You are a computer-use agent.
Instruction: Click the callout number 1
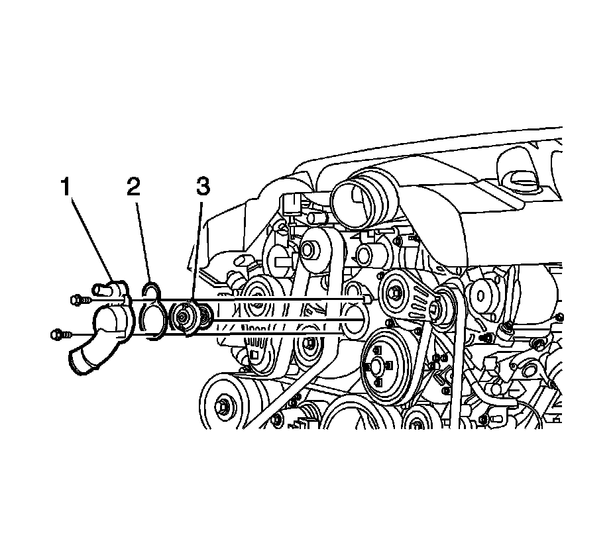[66, 187]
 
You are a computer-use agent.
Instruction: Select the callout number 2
[134, 187]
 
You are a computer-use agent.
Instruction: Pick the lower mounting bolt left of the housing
[58, 334]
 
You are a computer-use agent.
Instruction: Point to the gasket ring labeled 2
[154, 311]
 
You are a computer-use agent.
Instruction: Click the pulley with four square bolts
[384, 367]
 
